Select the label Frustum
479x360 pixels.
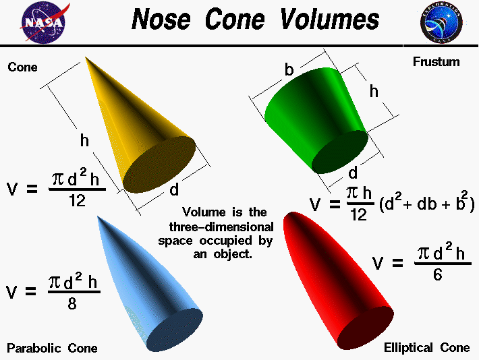436,62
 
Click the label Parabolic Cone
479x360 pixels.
52,348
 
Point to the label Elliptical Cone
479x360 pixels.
426,348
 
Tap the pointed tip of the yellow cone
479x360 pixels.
87,59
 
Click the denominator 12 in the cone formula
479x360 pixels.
77,200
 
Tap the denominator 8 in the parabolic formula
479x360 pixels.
72,304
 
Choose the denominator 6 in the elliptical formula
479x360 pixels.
437,274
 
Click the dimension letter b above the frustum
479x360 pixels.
289,69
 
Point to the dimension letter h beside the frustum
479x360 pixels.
374,92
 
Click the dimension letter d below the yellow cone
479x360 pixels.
174,191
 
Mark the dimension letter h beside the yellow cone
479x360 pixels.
84,141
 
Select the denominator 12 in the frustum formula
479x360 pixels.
358,215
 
